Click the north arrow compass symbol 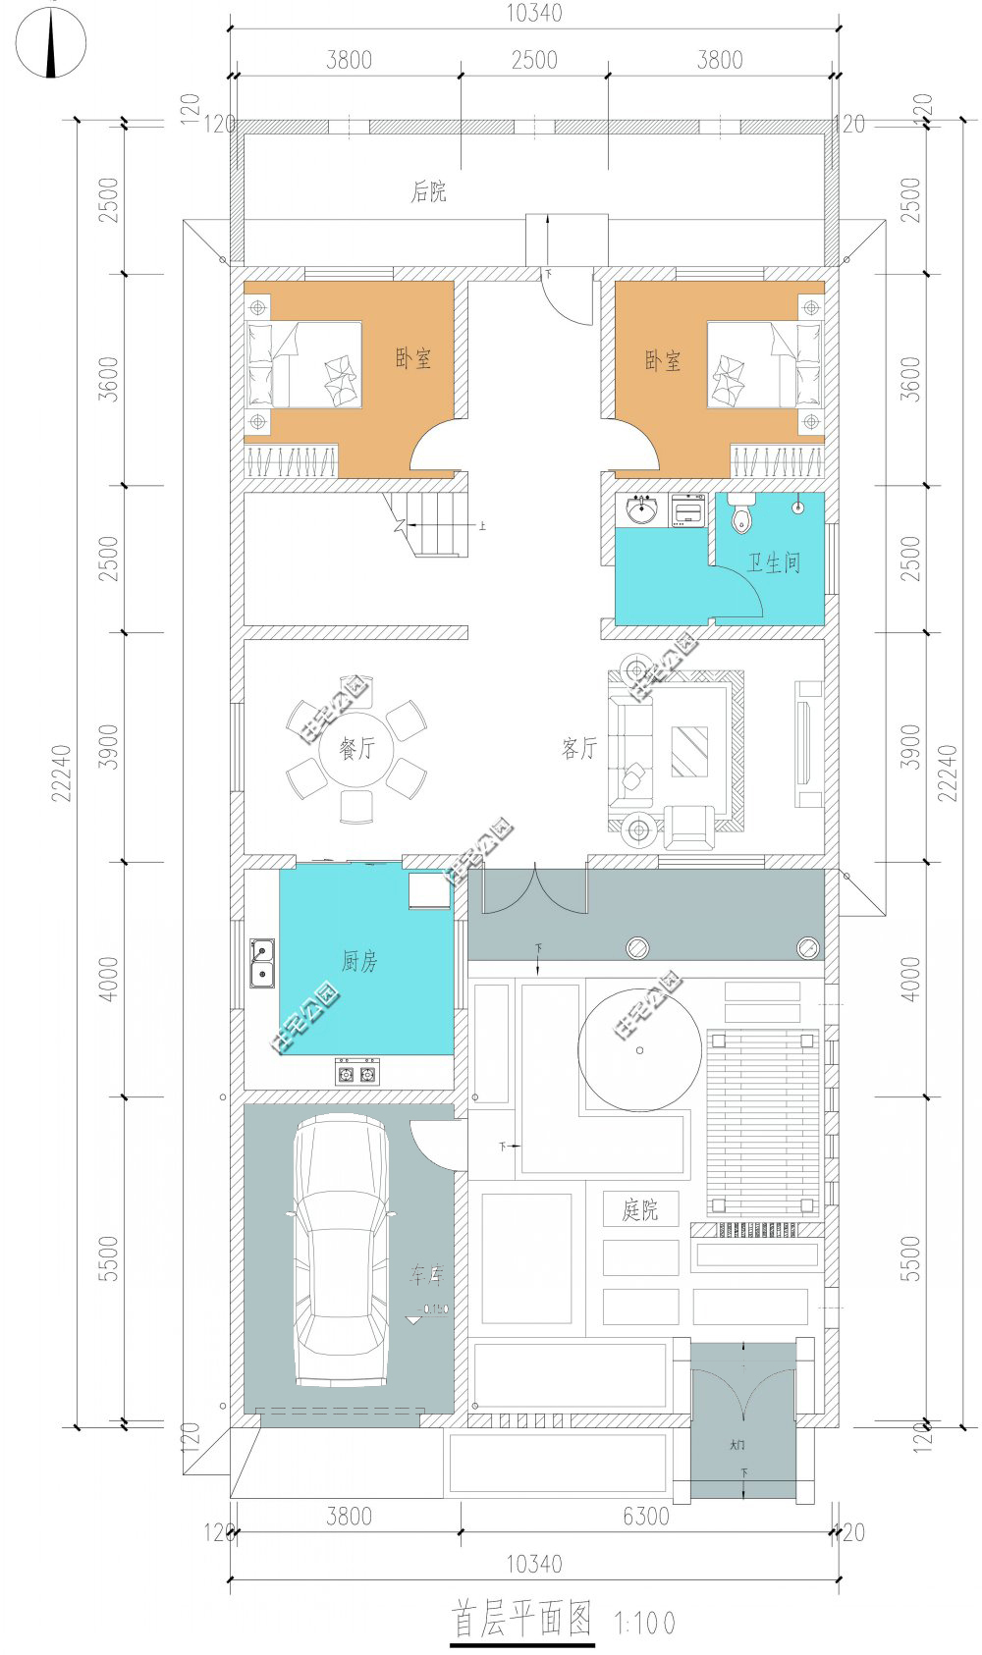pyautogui.click(x=51, y=41)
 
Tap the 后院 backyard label pyautogui.click(x=428, y=191)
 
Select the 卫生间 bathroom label pyautogui.click(x=773, y=563)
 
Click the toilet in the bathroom pyautogui.click(x=741, y=515)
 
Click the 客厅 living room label pyautogui.click(x=579, y=749)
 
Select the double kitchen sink pyautogui.click(x=261, y=963)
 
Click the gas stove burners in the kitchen pyautogui.click(x=356, y=1074)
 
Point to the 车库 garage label pyautogui.click(x=427, y=1275)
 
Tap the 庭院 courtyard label pyautogui.click(x=639, y=1209)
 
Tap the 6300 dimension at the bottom pyautogui.click(x=645, y=1517)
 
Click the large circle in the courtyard pyautogui.click(x=640, y=1050)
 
